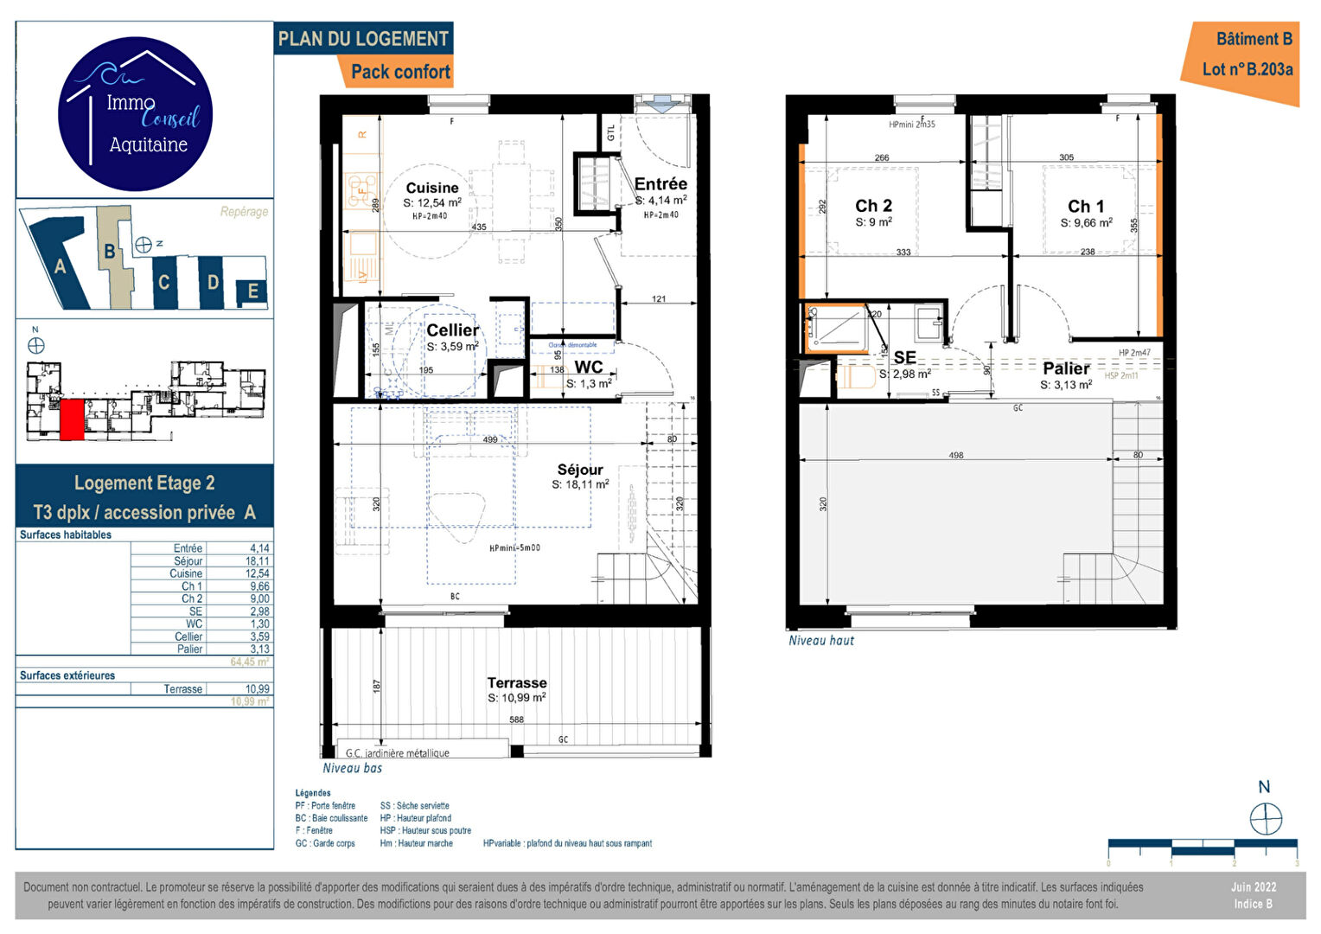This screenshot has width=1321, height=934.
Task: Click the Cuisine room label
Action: click(432, 188)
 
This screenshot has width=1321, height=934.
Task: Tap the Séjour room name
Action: click(580, 470)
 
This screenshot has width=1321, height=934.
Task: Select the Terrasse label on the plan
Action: click(517, 682)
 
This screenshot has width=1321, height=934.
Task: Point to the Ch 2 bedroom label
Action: click(873, 206)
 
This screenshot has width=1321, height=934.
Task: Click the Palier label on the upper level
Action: click(1066, 368)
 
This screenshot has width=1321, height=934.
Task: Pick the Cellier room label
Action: click(452, 330)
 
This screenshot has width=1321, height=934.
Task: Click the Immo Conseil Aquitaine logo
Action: click(136, 114)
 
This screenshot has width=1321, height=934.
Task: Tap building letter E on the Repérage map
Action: click(252, 291)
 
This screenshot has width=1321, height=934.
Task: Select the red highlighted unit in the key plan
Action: click(72, 419)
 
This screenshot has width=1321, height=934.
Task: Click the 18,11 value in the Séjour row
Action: click(257, 561)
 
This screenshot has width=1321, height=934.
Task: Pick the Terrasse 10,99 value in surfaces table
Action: click(257, 689)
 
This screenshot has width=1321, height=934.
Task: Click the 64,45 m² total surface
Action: click(249, 662)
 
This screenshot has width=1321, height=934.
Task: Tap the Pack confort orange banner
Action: click(400, 72)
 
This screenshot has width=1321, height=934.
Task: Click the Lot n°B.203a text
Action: click(1247, 69)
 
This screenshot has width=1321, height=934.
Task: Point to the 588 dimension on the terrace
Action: click(516, 720)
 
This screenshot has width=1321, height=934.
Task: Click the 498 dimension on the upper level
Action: click(955, 455)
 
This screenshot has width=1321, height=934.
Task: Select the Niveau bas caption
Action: click(352, 768)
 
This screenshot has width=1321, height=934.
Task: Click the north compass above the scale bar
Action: click(1266, 817)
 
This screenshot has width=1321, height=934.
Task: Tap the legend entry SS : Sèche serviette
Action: click(414, 805)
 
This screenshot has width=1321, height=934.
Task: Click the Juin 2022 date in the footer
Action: click(1253, 887)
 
